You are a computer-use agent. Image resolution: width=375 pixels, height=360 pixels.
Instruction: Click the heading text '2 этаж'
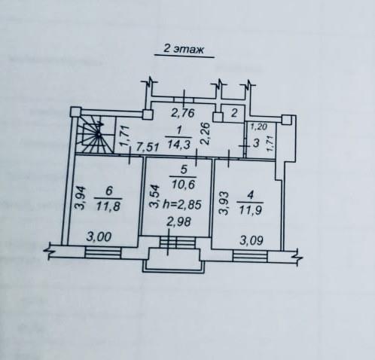pos(184,49)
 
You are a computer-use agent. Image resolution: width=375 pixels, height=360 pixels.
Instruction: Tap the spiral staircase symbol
pos(96,134)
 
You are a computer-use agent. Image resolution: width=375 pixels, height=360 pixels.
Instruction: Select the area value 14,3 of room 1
pos(178,145)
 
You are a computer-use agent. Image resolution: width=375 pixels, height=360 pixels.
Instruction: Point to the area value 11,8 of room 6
pos(108,206)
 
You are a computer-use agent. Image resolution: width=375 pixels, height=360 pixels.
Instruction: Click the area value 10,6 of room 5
pos(183,185)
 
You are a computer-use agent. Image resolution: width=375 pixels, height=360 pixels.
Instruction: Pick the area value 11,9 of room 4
pos(251,210)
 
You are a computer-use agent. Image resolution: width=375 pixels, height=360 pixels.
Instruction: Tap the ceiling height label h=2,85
pos(182,205)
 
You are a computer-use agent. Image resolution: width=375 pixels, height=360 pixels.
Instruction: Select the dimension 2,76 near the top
pos(182,113)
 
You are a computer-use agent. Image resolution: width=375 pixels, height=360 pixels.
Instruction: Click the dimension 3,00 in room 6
pos(99,236)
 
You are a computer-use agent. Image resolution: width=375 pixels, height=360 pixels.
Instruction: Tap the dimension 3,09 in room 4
pos(252,241)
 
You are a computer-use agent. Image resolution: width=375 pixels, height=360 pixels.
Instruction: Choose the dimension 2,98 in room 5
pos(179,221)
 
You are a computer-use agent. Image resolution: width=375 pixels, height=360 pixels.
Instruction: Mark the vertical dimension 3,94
pos(81,198)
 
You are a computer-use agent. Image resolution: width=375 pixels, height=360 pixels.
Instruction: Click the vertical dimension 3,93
pos(224,203)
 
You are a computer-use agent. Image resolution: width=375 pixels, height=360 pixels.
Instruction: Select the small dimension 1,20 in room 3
pos(259,127)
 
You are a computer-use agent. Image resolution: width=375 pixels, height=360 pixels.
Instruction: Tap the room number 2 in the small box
pos(233,113)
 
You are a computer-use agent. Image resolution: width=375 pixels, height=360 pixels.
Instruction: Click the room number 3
pos(256,143)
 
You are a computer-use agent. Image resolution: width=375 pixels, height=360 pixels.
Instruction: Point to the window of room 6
pos(103,252)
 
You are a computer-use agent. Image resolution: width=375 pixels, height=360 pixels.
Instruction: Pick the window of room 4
pos(250,256)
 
